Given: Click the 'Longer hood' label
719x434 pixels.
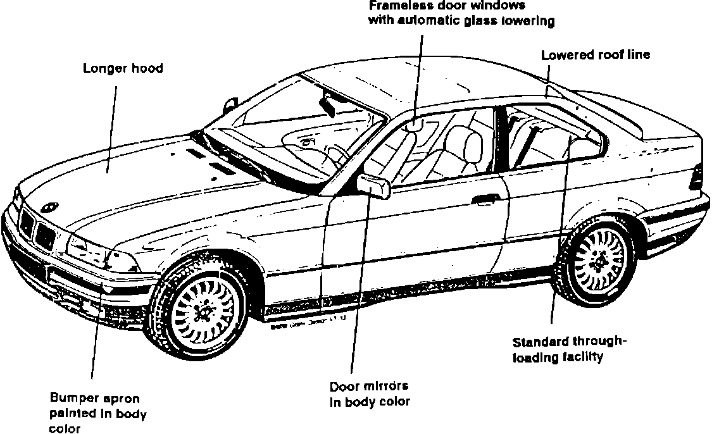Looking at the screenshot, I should pyautogui.click(x=123, y=68).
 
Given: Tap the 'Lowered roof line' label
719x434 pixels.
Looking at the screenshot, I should pyautogui.click(x=595, y=55).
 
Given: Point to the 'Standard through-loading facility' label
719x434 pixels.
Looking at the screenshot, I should pyautogui.click(x=568, y=349).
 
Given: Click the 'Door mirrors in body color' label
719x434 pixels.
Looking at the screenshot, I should pyautogui.click(x=370, y=394).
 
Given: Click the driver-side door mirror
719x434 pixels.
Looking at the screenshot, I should pyautogui.click(x=373, y=186).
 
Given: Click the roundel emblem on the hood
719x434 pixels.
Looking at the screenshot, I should pyautogui.click(x=49, y=208).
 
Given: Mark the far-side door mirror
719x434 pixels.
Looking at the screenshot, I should pyautogui.click(x=230, y=103).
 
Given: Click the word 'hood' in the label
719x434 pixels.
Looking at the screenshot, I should pyautogui.click(x=147, y=68).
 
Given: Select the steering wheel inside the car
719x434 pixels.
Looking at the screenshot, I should pyautogui.click(x=335, y=155).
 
